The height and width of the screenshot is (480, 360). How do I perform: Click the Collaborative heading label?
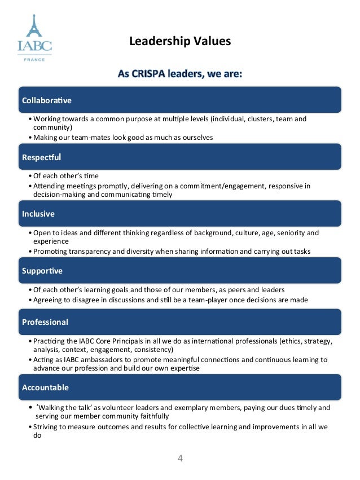[47, 100]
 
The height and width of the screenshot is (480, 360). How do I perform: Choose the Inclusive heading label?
[38, 214]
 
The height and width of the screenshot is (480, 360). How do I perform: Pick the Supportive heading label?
[42, 271]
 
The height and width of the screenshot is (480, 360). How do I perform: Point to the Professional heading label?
[45, 322]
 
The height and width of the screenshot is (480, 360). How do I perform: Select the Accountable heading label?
[45, 387]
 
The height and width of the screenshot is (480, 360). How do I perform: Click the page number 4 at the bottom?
[180, 458]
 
